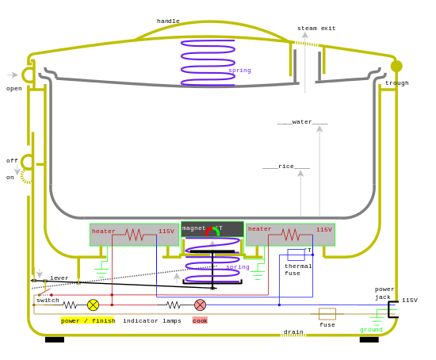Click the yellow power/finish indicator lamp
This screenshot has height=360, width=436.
[x=93, y=304]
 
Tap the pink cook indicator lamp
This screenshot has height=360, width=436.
[x=201, y=304]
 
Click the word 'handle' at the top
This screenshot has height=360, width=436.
[x=168, y=21]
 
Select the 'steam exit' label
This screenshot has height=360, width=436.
[x=316, y=28]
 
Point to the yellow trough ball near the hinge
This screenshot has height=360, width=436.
[x=396, y=66]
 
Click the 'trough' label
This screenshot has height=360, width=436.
[x=397, y=82]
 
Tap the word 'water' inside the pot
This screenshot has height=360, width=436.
[x=303, y=122]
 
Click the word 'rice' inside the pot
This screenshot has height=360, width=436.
[x=286, y=167]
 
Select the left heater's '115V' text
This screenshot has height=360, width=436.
[x=166, y=231]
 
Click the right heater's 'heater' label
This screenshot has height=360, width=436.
[x=260, y=229]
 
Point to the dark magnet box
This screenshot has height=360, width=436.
[x=212, y=229]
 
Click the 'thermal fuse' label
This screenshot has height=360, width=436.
[x=298, y=270]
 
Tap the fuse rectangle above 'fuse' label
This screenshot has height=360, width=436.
[x=327, y=313]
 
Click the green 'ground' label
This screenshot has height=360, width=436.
[x=371, y=329]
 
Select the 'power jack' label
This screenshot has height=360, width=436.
[x=384, y=293]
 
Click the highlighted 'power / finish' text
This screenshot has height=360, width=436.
[x=88, y=320]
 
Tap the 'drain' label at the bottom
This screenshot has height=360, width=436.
[x=293, y=332]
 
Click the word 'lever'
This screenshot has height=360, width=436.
[x=59, y=278]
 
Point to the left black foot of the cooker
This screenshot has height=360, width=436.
[x=55, y=339]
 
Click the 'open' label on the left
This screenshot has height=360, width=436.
[x=14, y=88]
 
